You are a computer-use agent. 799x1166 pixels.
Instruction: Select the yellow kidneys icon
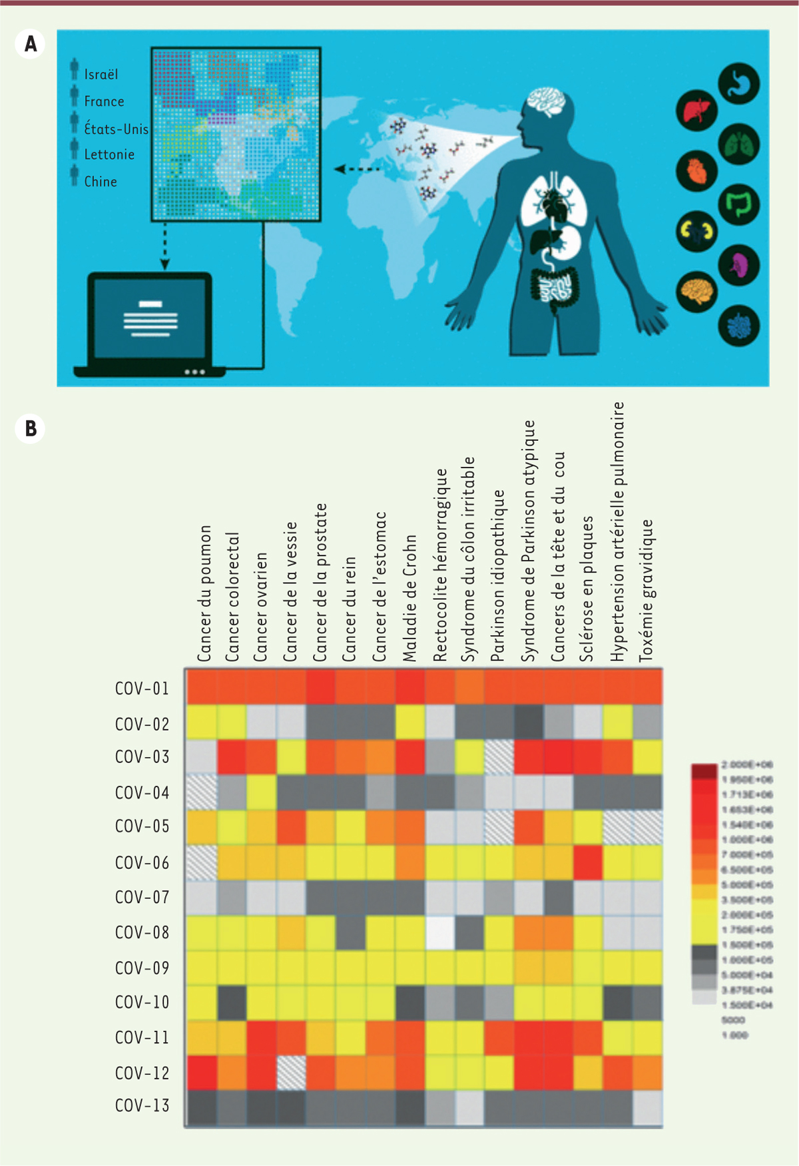(696, 231)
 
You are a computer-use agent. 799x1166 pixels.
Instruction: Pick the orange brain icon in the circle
(696, 292)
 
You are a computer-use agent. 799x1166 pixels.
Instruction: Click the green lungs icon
(739, 145)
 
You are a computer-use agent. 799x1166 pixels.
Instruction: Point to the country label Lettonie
(109, 154)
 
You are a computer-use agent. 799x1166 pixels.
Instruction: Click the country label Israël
(101, 75)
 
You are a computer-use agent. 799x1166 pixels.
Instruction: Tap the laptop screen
(150, 318)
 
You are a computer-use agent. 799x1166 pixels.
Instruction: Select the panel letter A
(30, 45)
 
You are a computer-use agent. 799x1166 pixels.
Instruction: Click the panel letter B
(30, 428)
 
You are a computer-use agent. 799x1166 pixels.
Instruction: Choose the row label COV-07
(142, 898)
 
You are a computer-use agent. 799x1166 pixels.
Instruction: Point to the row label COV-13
(142, 1106)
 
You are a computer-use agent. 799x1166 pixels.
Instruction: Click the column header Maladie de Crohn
(409, 598)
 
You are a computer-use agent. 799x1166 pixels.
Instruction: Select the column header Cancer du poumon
(204, 593)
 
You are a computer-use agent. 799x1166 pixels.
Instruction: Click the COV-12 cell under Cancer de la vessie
(291, 1073)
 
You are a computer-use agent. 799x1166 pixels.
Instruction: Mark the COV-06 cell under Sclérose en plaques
(588, 862)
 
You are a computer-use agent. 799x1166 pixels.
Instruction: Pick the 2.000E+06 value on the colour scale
(747, 765)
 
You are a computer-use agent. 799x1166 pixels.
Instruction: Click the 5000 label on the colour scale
(733, 1020)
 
